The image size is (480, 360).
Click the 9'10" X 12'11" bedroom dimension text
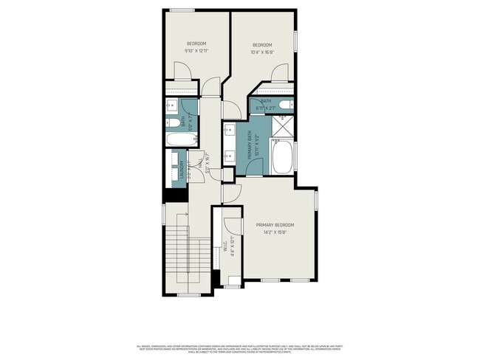click(x=196, y=50)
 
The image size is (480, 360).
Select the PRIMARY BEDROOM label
click(x=275, y=224)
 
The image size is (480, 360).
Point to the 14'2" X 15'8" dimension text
click(x=275, y=232)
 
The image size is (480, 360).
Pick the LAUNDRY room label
click(x=179, y=169)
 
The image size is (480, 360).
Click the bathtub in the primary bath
click(x=283, y=157)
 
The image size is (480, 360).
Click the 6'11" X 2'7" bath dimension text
click(x=265, y=108)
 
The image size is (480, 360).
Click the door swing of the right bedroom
click(x=280, y=74)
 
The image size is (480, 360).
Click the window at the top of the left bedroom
click(x=182, y=10)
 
